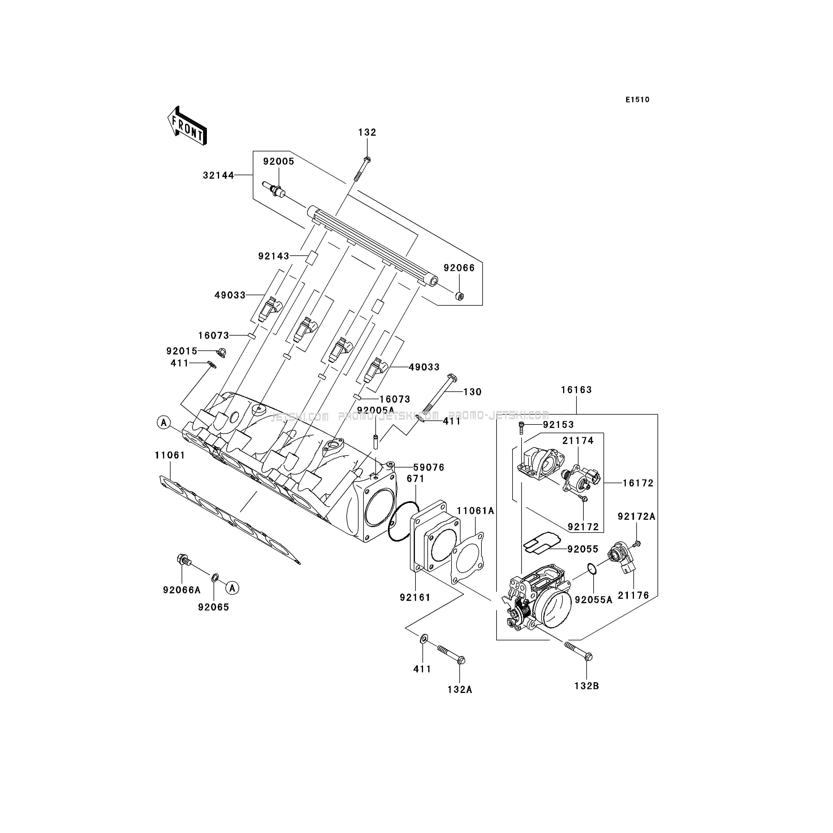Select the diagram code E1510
(638, 100)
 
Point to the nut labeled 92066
(460, 296)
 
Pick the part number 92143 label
(273, 256)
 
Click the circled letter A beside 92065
(233, 588)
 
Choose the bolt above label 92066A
(184, 560)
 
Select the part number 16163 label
(576, 390)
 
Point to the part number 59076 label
(429, 467)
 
